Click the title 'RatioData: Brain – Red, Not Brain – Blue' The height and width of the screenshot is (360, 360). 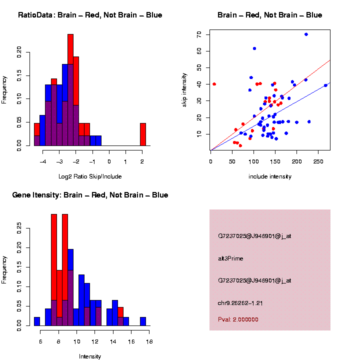(90, 15)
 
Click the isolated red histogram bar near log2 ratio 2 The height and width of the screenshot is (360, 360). (143, 134)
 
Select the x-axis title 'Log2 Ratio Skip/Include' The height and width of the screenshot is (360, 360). (90, 176)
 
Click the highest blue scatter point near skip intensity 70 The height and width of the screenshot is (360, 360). (306, 34)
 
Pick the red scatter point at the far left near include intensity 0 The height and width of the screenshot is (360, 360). (214, 84)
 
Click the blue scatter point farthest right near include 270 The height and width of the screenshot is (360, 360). (325, 85)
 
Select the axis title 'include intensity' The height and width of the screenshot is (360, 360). (270, 176)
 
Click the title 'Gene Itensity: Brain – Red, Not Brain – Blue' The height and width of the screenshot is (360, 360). (90, 195)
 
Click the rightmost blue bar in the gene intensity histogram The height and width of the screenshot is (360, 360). (143, 321)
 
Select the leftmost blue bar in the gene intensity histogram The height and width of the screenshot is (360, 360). (37, 321)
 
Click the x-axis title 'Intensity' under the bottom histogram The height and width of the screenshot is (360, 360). (90, 356)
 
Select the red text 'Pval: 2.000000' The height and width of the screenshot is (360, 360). (238, 319)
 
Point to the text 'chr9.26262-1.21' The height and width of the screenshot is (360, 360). (240, 302)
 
